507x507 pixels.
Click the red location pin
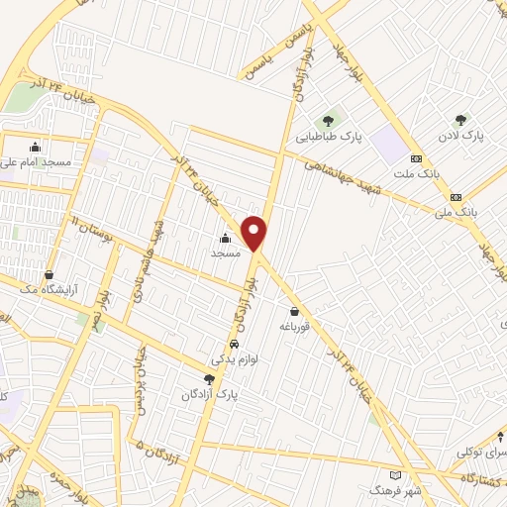pyautogui.click(x=255, y=233)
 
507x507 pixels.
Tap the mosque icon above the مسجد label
pyautogui.click(x=225, y=238)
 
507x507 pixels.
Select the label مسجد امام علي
pyautogui.click(x=36, y=160)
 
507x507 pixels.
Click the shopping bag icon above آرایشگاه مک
pyautogui.click(x=50, y=275)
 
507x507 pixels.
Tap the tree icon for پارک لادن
pyautogui.click(x=459, y=120)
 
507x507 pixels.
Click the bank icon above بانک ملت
pyautogui.click(x=416, y=158)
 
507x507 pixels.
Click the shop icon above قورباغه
pyautogui.click(x=294, y=311)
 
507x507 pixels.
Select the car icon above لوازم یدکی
pyautogui.click(x=234, y=345)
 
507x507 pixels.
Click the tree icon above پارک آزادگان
pyautogui.click(x=208, y=378)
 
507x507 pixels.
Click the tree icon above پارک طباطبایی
pyautogui.click(x=327, y=122)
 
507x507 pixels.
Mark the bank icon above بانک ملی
pyautogui.click(x=455, y=196)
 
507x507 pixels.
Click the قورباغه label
pyautogui.click(x=295, y=326)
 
